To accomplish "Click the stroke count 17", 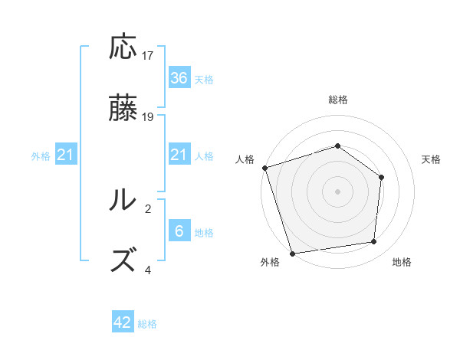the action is tap(148, 55).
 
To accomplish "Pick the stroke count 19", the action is tap(148, 117).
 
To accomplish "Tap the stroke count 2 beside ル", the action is tap(148, 208).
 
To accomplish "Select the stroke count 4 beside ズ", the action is tap(148, 270).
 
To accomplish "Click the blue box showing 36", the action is tap(179, 77).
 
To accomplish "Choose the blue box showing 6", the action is tap(179, 231).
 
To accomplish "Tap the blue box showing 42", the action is tap(123, 322).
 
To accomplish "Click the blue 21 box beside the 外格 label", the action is tap(66, 155).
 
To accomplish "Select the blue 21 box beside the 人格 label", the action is tap(179, 155).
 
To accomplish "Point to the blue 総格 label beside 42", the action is tap(147, 324).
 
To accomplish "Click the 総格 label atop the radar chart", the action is tap(338, 100).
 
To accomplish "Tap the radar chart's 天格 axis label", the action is tap(431, 159).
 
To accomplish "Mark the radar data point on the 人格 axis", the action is tap(264, 168).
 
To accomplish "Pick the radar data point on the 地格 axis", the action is tap(374, 242).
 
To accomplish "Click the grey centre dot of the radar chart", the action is tap(337, 191).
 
